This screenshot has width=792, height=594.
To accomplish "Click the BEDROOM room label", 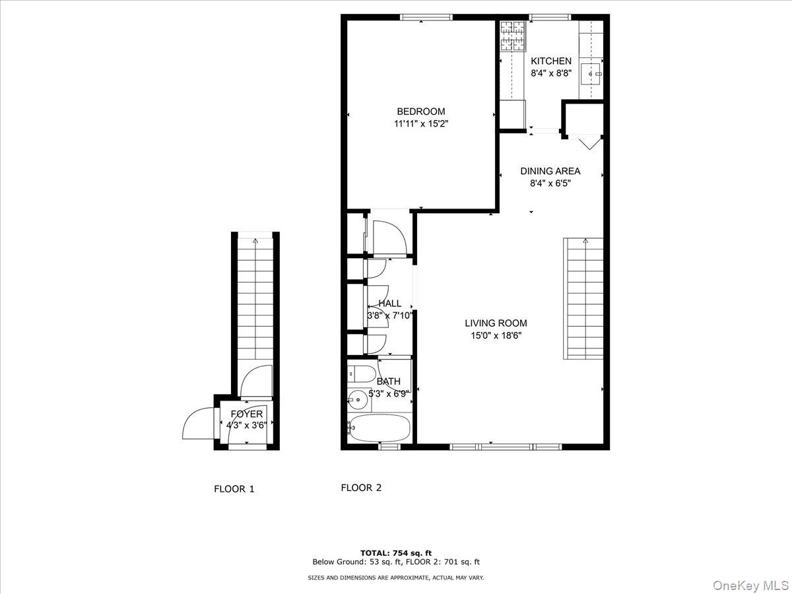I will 420,112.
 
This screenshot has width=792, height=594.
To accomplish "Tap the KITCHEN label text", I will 551,61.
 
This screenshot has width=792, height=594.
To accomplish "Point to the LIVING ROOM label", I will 496,323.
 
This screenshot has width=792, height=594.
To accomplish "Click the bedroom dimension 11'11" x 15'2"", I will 420,123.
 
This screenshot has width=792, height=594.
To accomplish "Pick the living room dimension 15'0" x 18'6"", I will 496,335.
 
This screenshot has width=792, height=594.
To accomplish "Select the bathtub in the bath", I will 379,428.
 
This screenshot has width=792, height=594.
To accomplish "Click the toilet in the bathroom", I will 360,374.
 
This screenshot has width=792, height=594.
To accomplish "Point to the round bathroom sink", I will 358,399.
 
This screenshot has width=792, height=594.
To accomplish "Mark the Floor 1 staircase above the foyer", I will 255,297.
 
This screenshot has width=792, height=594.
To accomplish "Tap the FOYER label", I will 246,414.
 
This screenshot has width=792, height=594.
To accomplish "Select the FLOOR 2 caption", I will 361,488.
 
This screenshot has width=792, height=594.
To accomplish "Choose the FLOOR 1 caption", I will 234,489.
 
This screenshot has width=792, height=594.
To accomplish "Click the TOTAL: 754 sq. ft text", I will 396,553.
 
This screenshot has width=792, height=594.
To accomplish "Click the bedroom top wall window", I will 421,17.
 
